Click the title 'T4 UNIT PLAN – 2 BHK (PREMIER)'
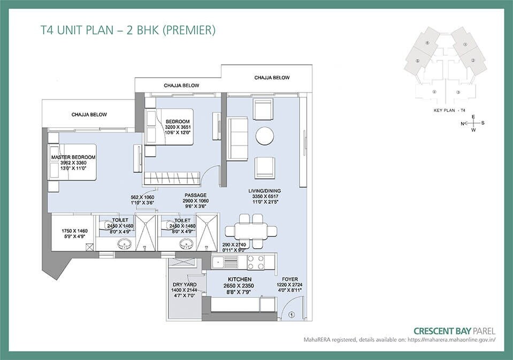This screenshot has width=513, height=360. tap(128, 30)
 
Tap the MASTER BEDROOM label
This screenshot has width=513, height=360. tap(73, 157)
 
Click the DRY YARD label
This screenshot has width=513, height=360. tap(183, 285)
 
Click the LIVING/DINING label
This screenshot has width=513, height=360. tap(264, 190)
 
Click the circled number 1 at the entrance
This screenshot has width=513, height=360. tap(291, 315)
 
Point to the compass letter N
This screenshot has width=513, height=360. tap(462, 124)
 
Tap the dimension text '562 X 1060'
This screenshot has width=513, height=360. tap(142, 197)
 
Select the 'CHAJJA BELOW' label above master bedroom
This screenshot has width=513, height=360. tap(89, 114)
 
